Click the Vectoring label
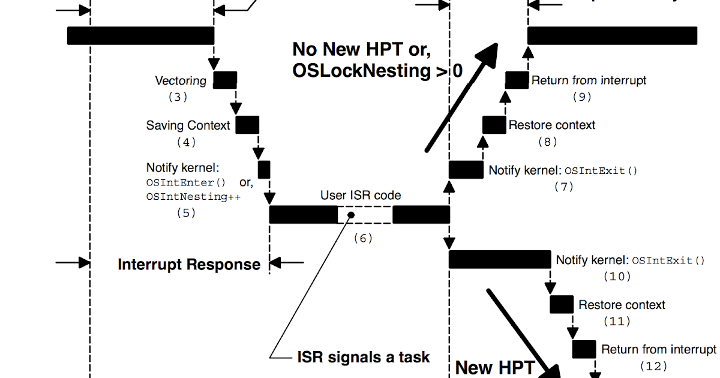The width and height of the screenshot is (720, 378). point(181,80)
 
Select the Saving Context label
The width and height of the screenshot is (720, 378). point(188,125)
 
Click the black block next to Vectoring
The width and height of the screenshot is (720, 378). point(225,79)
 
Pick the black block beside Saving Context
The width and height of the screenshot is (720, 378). point(247,125)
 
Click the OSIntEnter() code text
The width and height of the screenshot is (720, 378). point(186,183)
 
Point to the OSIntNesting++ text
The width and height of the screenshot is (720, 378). point(193,196)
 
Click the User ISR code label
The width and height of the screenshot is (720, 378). point(361,195)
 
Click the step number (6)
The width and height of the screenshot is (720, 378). point(363,238)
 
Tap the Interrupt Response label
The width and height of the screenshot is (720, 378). point(189,265)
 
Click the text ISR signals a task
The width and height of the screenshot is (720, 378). point(364,357)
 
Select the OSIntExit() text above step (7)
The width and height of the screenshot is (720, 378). point(601,170)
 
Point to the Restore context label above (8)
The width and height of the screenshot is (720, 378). point(552,125)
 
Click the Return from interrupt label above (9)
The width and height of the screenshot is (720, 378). point(589,80)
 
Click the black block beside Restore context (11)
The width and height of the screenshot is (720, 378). point(562,305)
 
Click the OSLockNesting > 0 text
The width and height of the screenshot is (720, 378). point(377,71)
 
